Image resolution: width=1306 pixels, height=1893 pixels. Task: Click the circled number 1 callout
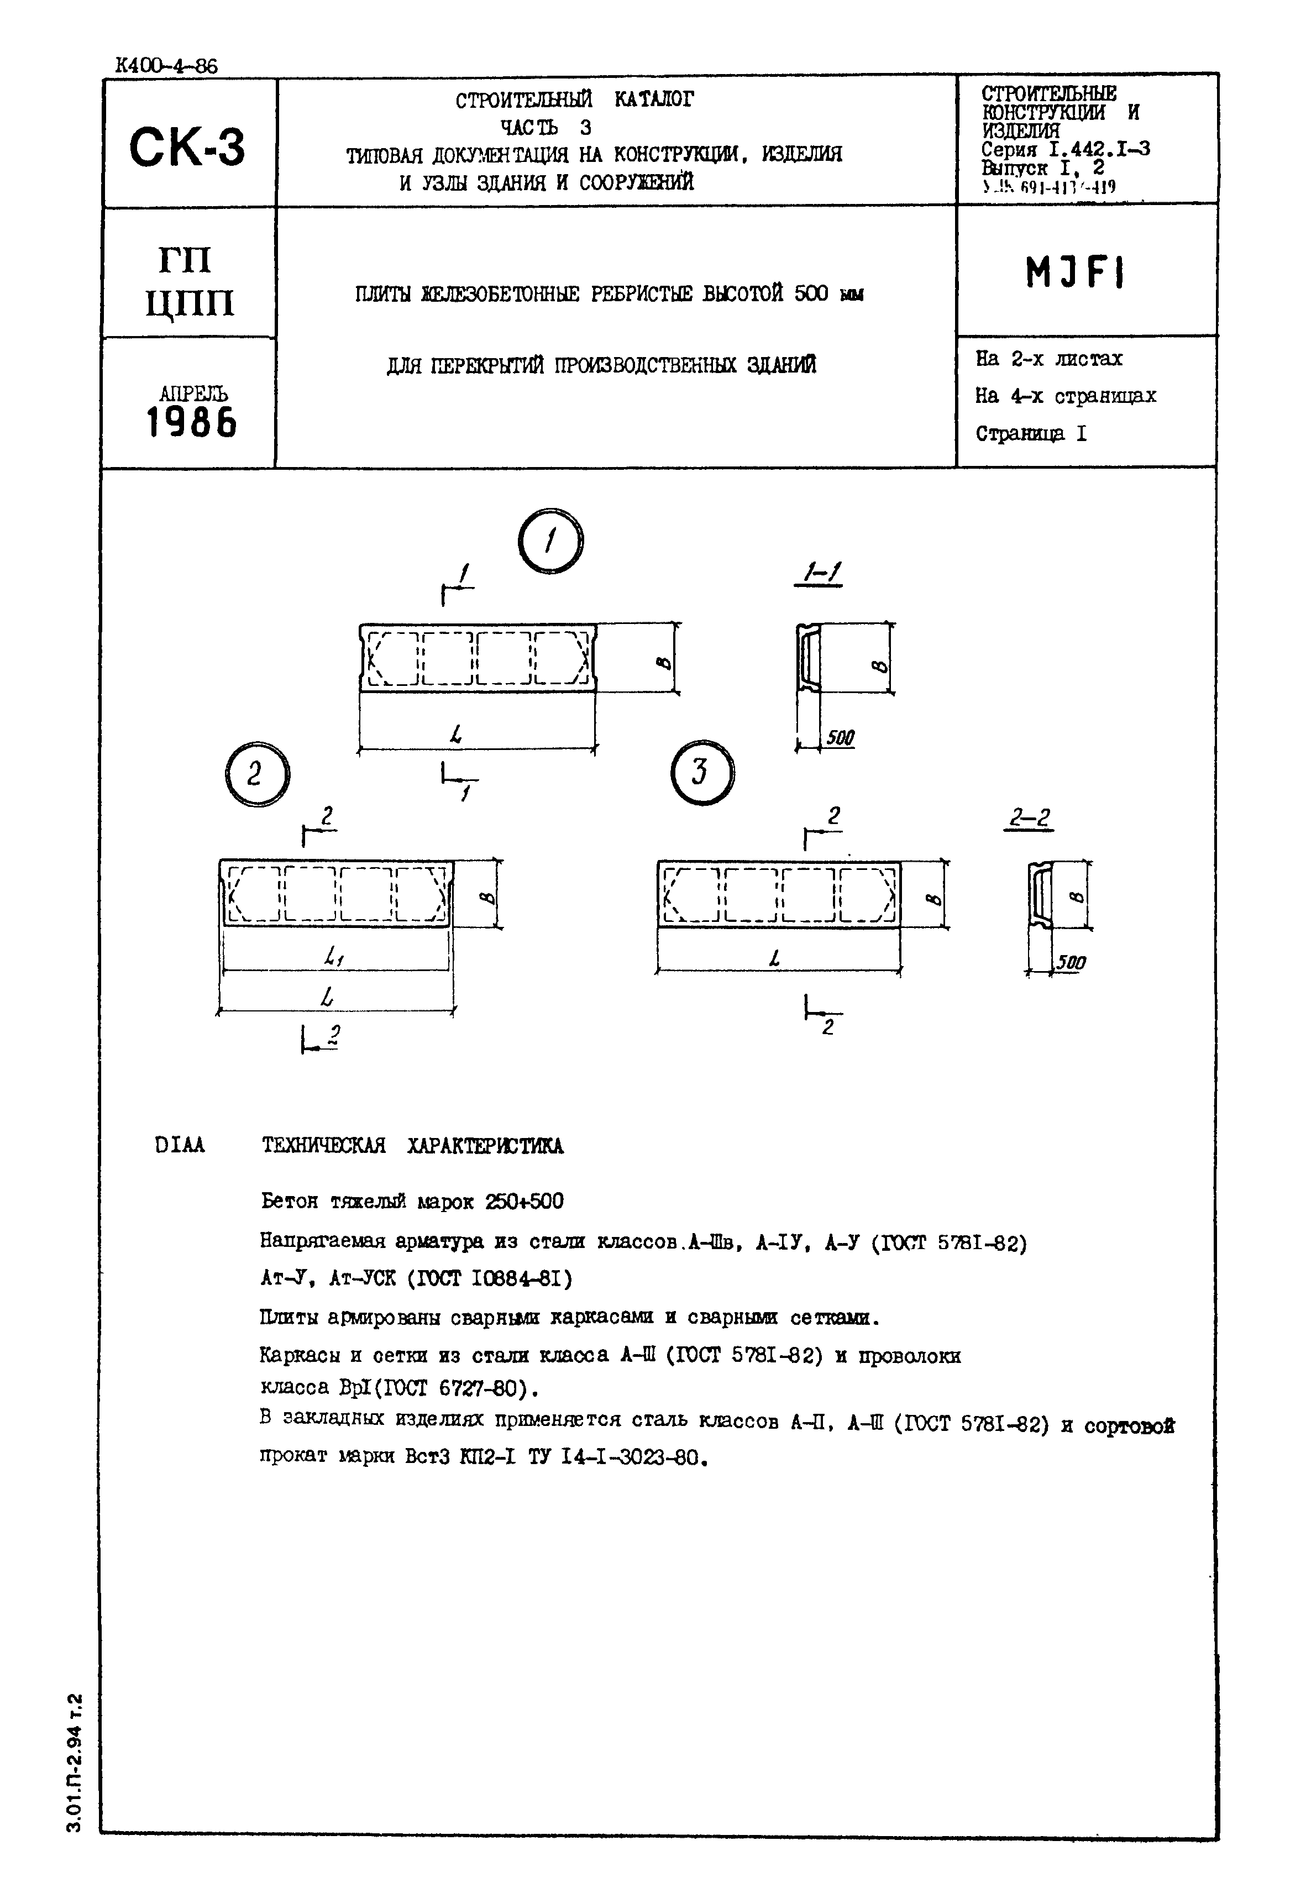tap(550, 541)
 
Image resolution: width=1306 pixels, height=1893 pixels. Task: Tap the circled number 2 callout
tap(255, 774)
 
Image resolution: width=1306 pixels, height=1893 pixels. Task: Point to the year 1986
tap(191, 423)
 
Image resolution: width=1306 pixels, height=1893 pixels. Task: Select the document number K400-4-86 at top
tap(167, 65)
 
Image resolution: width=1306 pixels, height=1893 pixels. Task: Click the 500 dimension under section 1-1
tap(840, 738)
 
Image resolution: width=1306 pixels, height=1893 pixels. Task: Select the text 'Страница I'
tap(1031, 433)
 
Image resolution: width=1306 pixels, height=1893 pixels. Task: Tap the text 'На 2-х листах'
tap(1048, 358)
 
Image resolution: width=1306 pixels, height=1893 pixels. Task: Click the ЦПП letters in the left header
tap(190, 303)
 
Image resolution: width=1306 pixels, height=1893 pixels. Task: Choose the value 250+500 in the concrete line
tap(524, 1202)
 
